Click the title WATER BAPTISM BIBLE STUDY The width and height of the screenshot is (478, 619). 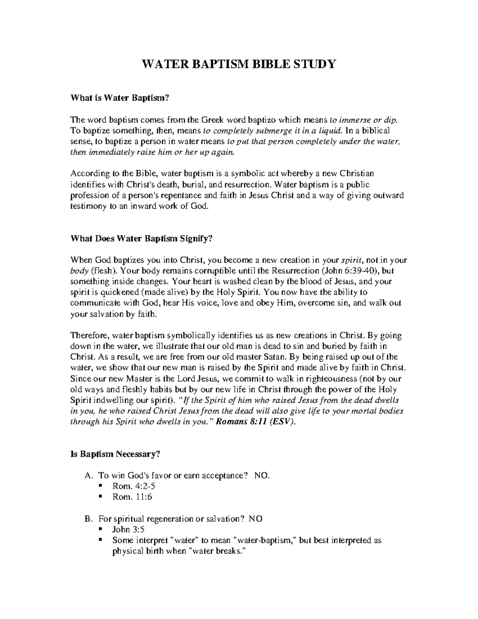coord(239,64)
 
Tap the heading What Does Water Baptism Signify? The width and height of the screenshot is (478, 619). coord(141,239)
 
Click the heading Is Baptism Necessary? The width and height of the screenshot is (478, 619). coord(115,454)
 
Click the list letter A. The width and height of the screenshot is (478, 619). coord(88,476)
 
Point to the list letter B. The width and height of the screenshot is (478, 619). coord(88,519)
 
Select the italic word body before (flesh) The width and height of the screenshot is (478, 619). coord(79,271)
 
